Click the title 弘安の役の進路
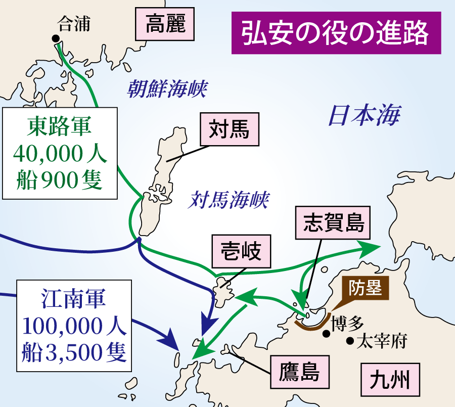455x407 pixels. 336,33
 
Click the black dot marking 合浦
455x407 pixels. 55,38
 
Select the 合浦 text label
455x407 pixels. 74,24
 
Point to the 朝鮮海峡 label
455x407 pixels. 167,89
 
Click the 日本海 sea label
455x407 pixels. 364,116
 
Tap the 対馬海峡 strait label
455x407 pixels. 228,200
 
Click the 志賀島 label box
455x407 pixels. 334,223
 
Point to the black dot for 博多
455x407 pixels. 327,333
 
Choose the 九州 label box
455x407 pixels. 390,379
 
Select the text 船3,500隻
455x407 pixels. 73,352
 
